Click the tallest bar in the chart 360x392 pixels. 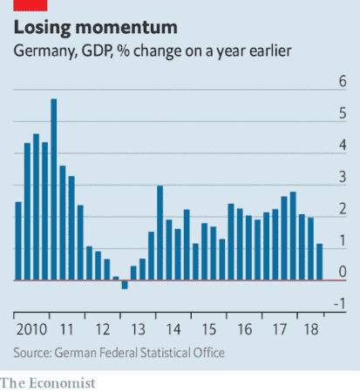click(x=54, y=190)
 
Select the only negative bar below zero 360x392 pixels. click(x=125, y=285)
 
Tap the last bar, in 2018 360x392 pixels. click(x=320, y=262)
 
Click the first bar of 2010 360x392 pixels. click(x=18, y=241)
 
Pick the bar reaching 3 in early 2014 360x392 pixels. click(x=160, y=233)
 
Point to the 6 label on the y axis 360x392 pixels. click(x=343, y=81)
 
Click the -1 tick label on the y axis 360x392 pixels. click(x=340, y=304)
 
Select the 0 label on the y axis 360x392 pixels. click(x=343, y=272)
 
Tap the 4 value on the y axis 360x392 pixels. click(x=343, y=145)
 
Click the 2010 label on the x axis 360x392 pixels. click(x=31, y=329)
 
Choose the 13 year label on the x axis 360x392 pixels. click(x=139, y=329)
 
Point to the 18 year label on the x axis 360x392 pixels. click(x=311, y=329)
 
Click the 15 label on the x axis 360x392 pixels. click(x=209, y=329)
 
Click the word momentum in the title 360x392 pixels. click(x=126, y=28)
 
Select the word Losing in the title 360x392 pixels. click(x=43, y=28)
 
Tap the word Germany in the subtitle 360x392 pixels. click(x=45, y=51)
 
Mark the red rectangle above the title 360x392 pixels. click(x=31, y=5)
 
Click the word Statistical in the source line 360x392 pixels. click(x=165, y=353)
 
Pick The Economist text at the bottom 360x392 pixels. click(x=48, y=383)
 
